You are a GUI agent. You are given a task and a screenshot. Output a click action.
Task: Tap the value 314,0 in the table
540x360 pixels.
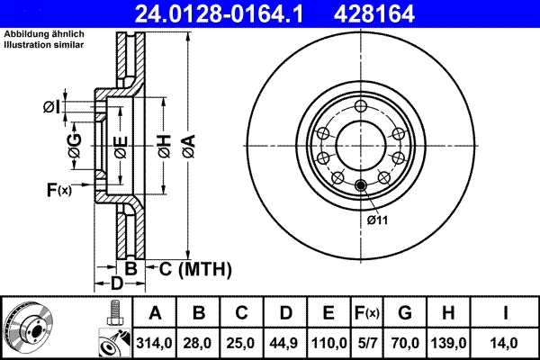click(155, 341)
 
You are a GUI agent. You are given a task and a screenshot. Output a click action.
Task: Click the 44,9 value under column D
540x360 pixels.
click(285, 341)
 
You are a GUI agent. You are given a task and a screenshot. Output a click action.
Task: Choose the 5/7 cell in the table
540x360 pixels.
click(365, 341)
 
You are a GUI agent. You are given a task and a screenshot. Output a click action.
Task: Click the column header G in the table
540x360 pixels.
click(405, 313)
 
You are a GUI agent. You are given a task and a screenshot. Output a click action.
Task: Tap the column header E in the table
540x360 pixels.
click(328, 313)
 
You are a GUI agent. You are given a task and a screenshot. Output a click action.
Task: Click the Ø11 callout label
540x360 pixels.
click(376, 220)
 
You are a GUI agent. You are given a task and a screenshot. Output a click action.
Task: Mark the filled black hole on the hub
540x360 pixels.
click(362, 186)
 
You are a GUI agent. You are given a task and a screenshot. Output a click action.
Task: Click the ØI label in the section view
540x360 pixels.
click(51, 108)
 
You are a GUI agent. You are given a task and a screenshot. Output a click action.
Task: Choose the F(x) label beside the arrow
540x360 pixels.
click(58, 189)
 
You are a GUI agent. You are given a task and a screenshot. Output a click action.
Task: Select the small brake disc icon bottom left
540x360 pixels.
click(27, 328)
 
